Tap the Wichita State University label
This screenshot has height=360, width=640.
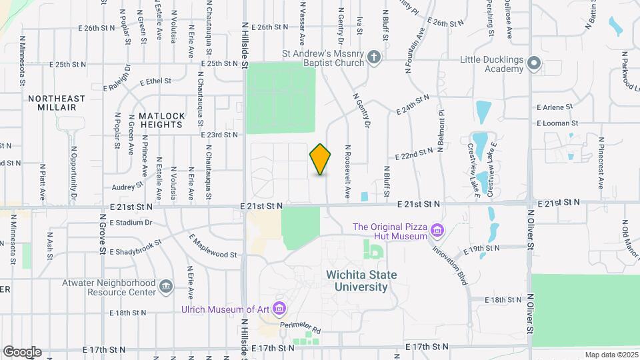[x=361, y=281]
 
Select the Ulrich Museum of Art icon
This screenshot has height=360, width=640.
[x=279, y=309]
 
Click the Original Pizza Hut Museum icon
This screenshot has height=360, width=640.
[x=437, y=231]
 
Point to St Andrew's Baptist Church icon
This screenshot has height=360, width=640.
[x=374, y=57]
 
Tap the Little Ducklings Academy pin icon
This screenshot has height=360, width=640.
[x=533, y=64]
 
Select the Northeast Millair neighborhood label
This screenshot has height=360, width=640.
[x=57, y=103]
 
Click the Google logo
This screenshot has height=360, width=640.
[x=22, y=351]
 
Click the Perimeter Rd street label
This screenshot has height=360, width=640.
[x=300, y=328]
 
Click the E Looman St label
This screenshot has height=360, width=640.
[x=557, y=123]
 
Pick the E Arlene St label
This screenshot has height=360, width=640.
[x=555, y=107]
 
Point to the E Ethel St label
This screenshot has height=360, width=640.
[x=155, y=82]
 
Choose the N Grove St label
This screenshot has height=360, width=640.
[x=103, y=234]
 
